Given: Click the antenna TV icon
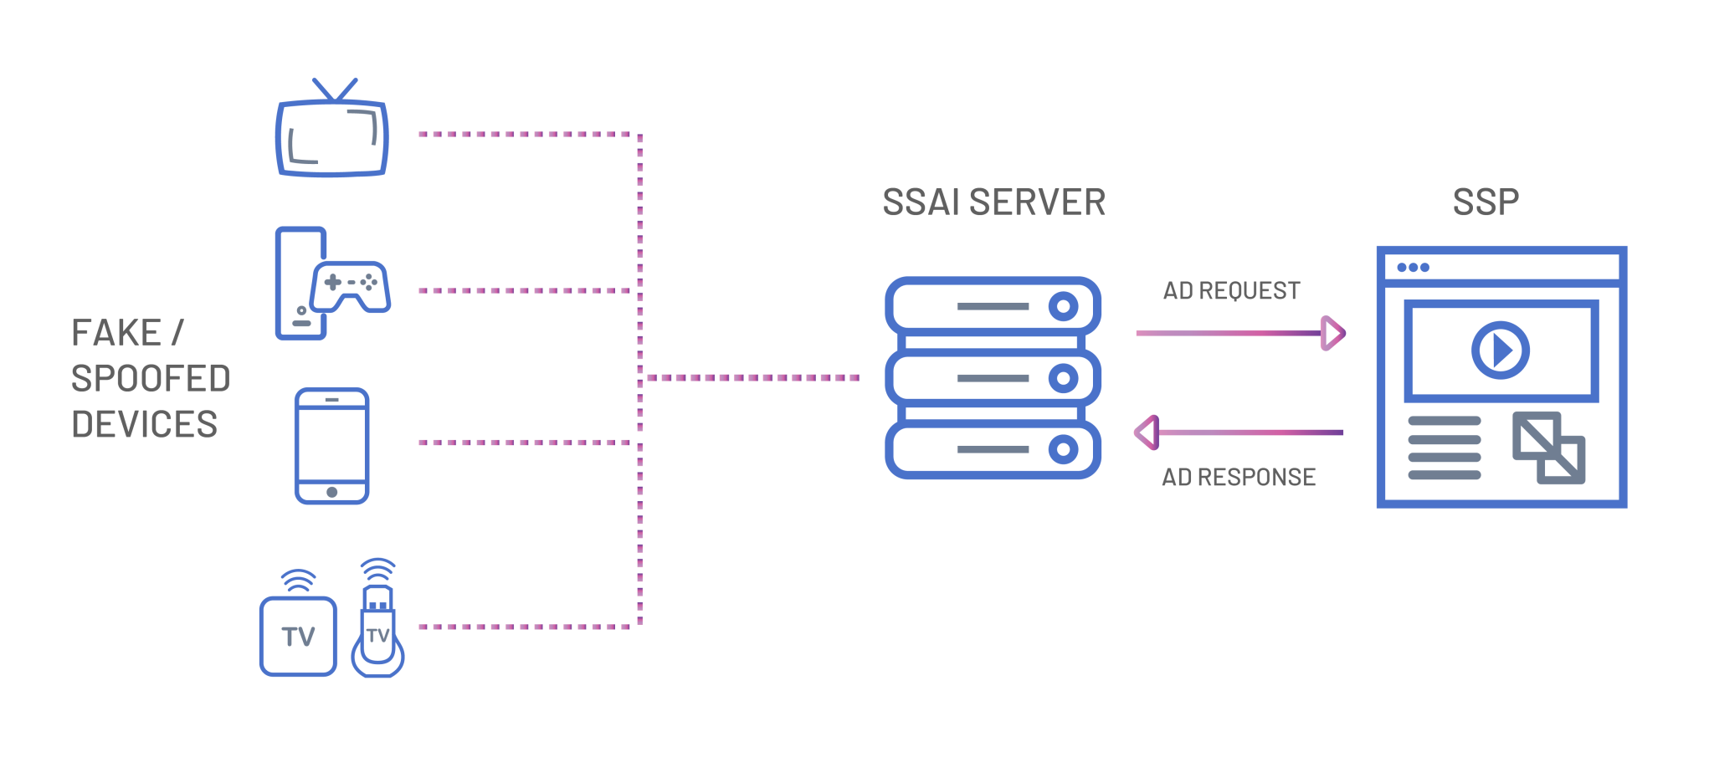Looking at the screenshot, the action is (331, 129).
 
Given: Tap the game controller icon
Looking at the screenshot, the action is (350, 287).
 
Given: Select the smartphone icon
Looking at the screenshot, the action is (332, 446).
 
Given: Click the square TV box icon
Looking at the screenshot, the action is (298, 636).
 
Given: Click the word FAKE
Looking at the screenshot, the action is (116, 333).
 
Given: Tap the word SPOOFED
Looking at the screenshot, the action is (151, 379).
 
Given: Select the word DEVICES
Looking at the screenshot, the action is (145, 425).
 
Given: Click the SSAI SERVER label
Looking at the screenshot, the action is (994, 202).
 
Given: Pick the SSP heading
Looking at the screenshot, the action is (1486, 202).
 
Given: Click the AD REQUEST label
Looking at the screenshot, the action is (1232, 291).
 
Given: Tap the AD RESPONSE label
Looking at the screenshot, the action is (1239, 477).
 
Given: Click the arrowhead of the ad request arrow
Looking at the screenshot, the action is (1333, 333).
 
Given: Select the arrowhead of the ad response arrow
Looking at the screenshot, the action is (1147, 432).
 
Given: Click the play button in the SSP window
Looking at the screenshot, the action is (1501, 351).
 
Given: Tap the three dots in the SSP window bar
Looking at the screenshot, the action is (1413, 268).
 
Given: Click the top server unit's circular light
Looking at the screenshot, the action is (1063, 307).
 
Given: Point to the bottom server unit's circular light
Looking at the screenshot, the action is (1063, 450).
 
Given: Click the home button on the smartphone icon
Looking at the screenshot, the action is (332, 492).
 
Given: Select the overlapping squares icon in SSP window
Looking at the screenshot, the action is (1549, 448).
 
